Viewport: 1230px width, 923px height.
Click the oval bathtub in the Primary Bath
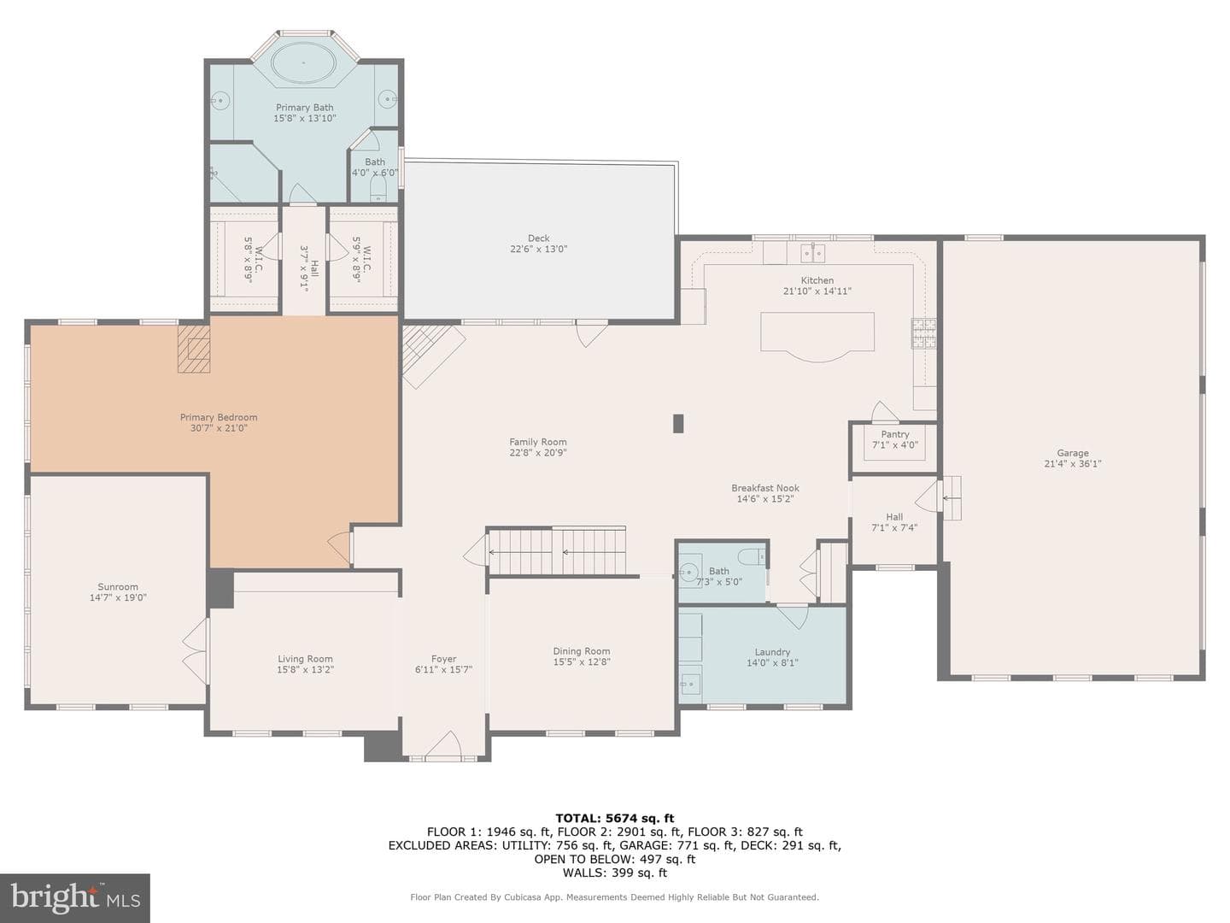tap(303, 62)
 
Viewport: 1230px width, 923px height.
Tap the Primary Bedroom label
tap(219, 418)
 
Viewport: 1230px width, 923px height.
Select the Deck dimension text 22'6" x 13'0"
tap(538, 249)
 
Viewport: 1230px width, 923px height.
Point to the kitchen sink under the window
tap(813, 254)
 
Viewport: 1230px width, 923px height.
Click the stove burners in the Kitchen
tap(923, 333)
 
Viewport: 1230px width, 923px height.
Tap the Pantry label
tap(895, 434)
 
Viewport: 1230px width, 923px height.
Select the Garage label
tap(1073, 453)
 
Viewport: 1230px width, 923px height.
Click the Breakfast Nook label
tap(764, 488)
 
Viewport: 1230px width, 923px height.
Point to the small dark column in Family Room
tap(678, 424)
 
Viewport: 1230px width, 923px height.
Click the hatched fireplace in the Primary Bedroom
tap(194, 350)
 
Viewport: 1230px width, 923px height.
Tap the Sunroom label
tap(118, 587)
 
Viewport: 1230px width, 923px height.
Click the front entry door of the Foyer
tap(443, 746)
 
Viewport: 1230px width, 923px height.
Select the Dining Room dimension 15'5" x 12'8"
tap(582, 661)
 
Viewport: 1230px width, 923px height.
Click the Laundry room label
tap(772, 652)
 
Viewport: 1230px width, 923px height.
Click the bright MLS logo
tap(75, 897)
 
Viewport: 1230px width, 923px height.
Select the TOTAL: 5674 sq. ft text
tap(615, 819)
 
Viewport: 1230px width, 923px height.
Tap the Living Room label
tap(305, 659)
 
